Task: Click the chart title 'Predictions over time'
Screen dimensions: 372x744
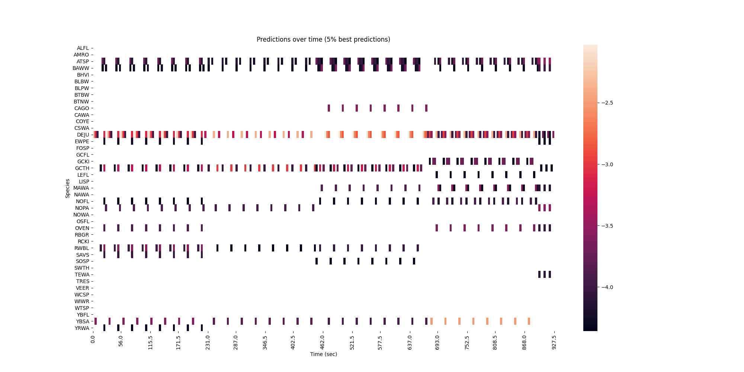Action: [323, 39]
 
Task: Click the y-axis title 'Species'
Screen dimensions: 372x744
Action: [68, 188]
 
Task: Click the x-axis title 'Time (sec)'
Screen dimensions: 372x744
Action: [323, 354]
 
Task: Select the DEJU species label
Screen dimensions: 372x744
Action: [83, 135]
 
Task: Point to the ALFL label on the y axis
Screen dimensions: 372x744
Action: [83, 48]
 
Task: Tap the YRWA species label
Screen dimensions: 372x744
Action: [82, 328]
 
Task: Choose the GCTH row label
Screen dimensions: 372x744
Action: [82, 168]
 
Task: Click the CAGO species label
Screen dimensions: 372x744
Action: [82, 108]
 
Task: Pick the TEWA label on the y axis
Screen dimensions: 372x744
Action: [82, 275]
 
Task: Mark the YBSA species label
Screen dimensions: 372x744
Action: [83, 321]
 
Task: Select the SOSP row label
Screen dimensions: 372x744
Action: [82, 262]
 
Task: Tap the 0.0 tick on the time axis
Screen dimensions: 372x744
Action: [93, 339]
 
